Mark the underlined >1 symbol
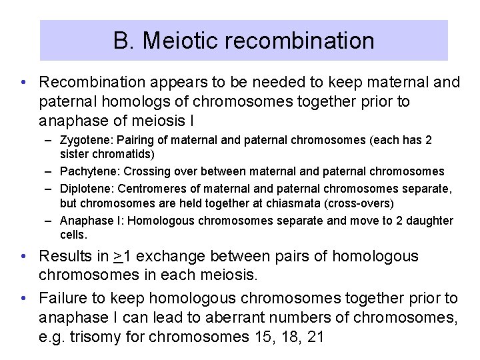pyautogui.click(x=121, y=256)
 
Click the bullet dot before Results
pyautogui.click(x=23, y=256)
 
